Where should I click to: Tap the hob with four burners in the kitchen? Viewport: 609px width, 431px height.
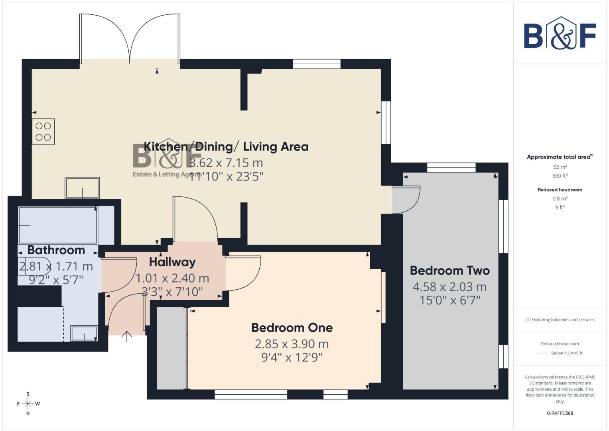point(43,132)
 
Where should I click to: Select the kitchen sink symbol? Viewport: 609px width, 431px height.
point(82,188)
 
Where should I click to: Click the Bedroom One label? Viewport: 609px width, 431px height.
point(292,328)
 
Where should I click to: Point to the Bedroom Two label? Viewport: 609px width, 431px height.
point(449,271)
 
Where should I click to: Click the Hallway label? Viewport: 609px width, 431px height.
point(172,262)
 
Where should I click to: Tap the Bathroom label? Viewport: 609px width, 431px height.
point(56,250)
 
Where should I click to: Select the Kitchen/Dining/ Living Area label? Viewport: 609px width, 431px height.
point(226,147)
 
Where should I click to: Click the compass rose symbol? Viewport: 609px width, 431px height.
point(28,403)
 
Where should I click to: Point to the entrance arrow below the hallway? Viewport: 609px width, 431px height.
point(126,336)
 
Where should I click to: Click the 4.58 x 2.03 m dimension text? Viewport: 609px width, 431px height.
point(449,287)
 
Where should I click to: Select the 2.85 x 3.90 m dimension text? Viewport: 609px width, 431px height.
point(292,344)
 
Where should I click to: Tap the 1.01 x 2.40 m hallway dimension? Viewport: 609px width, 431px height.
point(172,278)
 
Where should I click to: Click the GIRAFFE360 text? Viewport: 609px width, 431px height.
point(560,413)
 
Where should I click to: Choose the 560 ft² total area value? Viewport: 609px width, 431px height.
point(560,176)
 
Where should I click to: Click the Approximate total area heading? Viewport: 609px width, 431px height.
point(559,157)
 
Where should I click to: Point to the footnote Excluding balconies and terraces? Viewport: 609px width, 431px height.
point(560,320)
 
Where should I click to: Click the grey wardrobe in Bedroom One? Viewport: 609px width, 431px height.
point(171,348)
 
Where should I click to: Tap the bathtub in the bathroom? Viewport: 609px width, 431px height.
point(58,225)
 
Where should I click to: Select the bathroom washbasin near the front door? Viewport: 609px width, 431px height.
point(84,333)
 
